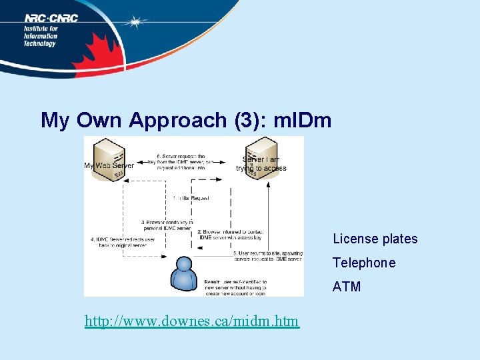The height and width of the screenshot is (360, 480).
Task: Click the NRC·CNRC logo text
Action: tap(51, 18)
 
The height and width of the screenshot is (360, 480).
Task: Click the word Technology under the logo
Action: tap(41, 43)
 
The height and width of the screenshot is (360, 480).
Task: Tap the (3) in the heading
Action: tap(248, 120)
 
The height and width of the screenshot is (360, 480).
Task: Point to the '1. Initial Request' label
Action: tap(191, 199)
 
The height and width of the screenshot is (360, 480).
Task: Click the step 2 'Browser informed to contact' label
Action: tap(230, 234)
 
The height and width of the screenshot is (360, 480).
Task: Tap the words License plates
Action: tap(375, 239)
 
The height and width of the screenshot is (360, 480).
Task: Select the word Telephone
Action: tap(364, 263)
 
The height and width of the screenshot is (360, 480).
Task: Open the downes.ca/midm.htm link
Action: tap(192, 322)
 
